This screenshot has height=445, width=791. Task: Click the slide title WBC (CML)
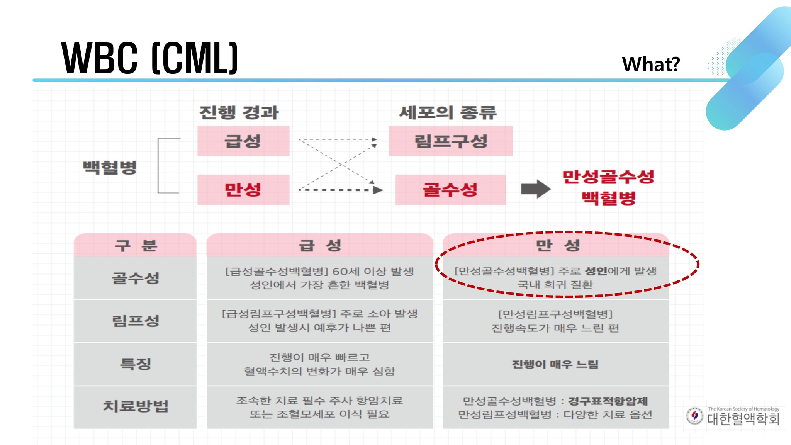point(149,58)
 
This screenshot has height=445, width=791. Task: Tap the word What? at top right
point(651,64)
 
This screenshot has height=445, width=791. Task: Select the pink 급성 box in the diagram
point(243,141)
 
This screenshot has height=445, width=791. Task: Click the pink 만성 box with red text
point(243,190)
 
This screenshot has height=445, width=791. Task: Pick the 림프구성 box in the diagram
point(450,141)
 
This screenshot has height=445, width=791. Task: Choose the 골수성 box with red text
point(450,190)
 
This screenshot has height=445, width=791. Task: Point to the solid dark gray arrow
point(535,189)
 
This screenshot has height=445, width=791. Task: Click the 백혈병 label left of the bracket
point(110,167)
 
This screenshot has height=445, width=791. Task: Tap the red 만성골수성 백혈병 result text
point(608,187)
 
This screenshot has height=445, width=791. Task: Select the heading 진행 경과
point(239,112)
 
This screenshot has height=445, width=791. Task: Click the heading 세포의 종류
point(448,112)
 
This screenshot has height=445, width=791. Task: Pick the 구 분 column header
point(135,245)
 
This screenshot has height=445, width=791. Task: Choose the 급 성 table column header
point(320,245)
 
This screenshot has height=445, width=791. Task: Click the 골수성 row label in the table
point(135,278)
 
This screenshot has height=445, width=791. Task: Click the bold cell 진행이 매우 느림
point(555,364)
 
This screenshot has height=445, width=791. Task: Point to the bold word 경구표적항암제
point(608,401)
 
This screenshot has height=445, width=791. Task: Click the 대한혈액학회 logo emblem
point(695,416)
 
